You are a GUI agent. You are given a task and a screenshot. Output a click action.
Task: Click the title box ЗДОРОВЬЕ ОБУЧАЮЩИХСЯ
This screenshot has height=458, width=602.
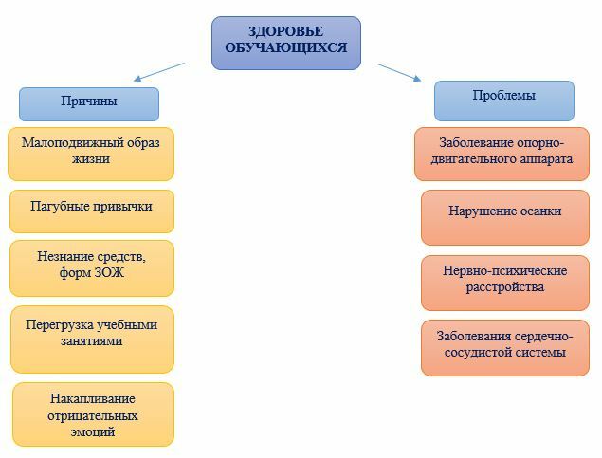[x=286, y=43]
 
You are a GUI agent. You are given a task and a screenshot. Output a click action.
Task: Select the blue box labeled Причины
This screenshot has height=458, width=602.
[x=89, y=104]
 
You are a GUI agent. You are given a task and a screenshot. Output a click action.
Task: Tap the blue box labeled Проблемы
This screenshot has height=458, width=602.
[x=504, y=101]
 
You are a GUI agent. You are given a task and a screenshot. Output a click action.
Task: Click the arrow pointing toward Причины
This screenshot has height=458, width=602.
[x=159, y=72]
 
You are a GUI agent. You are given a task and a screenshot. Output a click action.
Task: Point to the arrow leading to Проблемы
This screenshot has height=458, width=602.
[x=399, y=73]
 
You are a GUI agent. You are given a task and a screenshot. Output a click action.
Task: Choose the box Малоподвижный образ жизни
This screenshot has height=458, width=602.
[x=91, y=154]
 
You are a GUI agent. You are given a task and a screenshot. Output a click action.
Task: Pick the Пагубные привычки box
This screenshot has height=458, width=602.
[x=92, y=211]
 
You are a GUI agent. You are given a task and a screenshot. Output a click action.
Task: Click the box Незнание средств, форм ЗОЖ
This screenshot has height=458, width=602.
[x=92, y=268]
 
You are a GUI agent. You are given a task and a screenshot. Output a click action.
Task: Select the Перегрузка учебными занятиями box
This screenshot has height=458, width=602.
[x=92, y=339]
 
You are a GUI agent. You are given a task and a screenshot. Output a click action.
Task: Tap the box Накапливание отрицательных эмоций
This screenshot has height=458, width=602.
[x=93, y=414]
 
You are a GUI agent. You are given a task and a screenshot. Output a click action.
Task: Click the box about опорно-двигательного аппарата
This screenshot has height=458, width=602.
[x=502, y=154]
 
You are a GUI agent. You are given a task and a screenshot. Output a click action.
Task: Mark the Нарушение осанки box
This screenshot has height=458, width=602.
[x=505, y=218]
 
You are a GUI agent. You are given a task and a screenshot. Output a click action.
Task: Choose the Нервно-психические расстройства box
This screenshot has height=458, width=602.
[x=505, y=283]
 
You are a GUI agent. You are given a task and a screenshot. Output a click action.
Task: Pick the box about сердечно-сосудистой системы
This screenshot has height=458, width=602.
[x=505, y=348]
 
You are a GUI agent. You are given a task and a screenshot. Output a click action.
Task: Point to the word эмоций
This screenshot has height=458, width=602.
[x=93, y=431]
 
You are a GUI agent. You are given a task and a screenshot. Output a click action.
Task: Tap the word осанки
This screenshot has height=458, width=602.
[x=541, y=211]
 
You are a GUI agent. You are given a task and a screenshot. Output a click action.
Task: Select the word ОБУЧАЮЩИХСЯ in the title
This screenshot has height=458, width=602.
[x=286, y=47]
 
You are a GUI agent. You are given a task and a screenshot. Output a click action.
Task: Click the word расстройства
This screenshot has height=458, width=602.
[x=505, y=287]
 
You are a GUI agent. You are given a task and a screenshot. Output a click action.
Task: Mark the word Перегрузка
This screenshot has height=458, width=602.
[x=59, y=325]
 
